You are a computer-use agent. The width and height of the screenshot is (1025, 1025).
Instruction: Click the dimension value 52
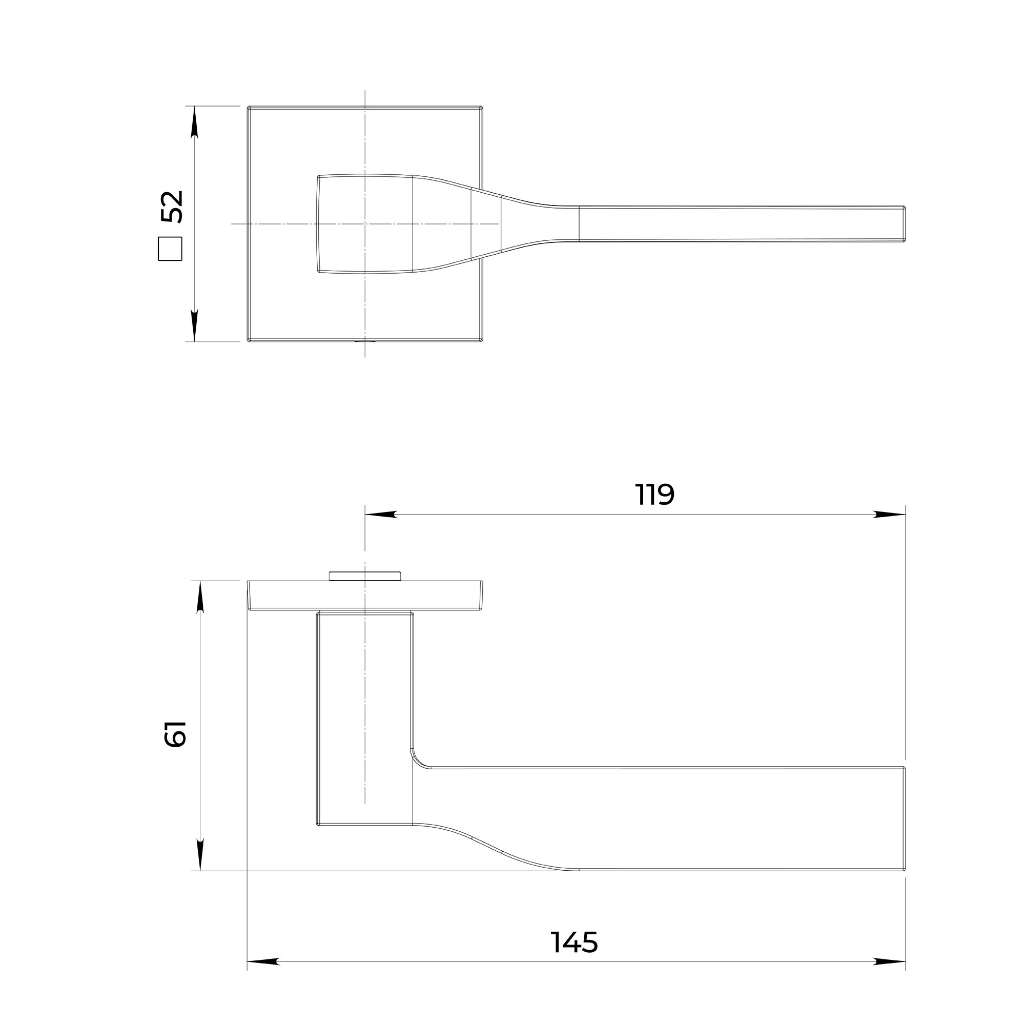click(x=172, y=207)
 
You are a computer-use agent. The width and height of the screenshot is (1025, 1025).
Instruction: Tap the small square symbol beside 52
click(x=170, y=249)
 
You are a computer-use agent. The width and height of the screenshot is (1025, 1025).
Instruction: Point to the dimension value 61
click(x=176, y=734)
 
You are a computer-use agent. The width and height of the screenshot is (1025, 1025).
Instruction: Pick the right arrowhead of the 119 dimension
click(x=889, y=515)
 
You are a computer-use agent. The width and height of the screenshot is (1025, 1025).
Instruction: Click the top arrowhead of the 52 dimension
click(x=194, y=122)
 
